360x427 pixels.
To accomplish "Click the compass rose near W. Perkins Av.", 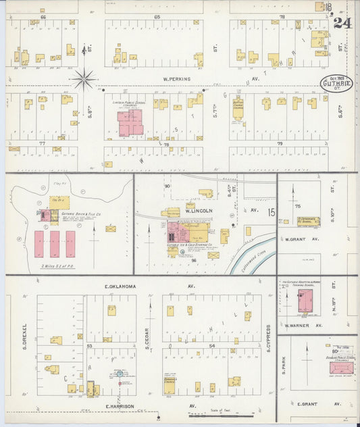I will coord(84,79).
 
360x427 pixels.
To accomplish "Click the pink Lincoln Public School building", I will coord(130,122).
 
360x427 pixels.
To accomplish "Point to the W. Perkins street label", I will coord(178,79).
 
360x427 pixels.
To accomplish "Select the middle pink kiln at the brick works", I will coord(54,243).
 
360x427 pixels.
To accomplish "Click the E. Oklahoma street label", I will coord(121,286).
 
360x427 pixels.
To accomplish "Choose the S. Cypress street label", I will coord(268,337).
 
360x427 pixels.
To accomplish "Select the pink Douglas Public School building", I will coord(341,369).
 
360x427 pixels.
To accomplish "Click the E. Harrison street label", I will coord(120,406).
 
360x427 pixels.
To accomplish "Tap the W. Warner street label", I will coord(297,326).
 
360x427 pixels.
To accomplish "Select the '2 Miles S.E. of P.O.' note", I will coord(56,266).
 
